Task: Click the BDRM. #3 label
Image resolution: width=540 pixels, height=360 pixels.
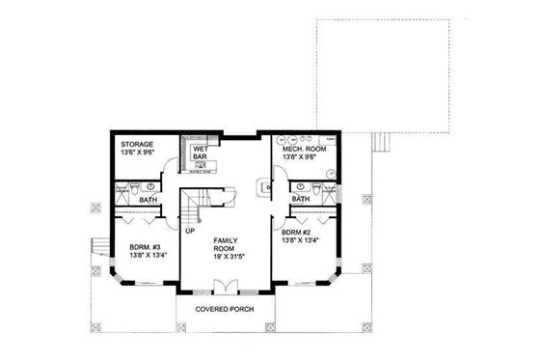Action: pos(146,246)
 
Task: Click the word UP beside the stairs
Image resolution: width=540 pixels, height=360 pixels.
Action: pos(190,232)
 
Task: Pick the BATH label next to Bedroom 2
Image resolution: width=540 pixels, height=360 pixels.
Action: pos(301,199)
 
